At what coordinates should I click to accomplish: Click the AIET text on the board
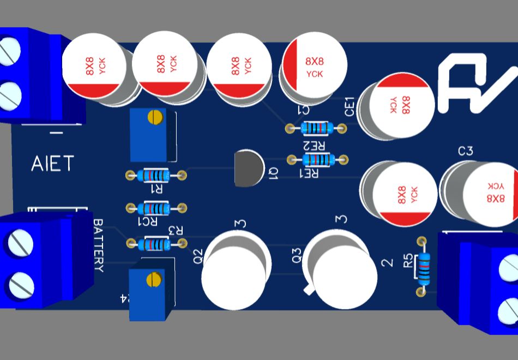tap(52, 163)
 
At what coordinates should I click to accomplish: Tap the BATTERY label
tap(98, 245)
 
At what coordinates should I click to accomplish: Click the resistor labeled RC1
tap(156, 208)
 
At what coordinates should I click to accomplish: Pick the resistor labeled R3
tap(156, 244)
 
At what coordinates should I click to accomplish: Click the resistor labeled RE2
tap(317, 128)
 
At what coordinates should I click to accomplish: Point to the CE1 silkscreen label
tap(350, 106)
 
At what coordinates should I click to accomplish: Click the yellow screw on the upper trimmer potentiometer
tap(156, 116)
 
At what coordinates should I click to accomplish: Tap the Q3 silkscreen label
tap(297, 256)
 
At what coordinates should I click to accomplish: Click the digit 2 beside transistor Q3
tap(388, 263)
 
